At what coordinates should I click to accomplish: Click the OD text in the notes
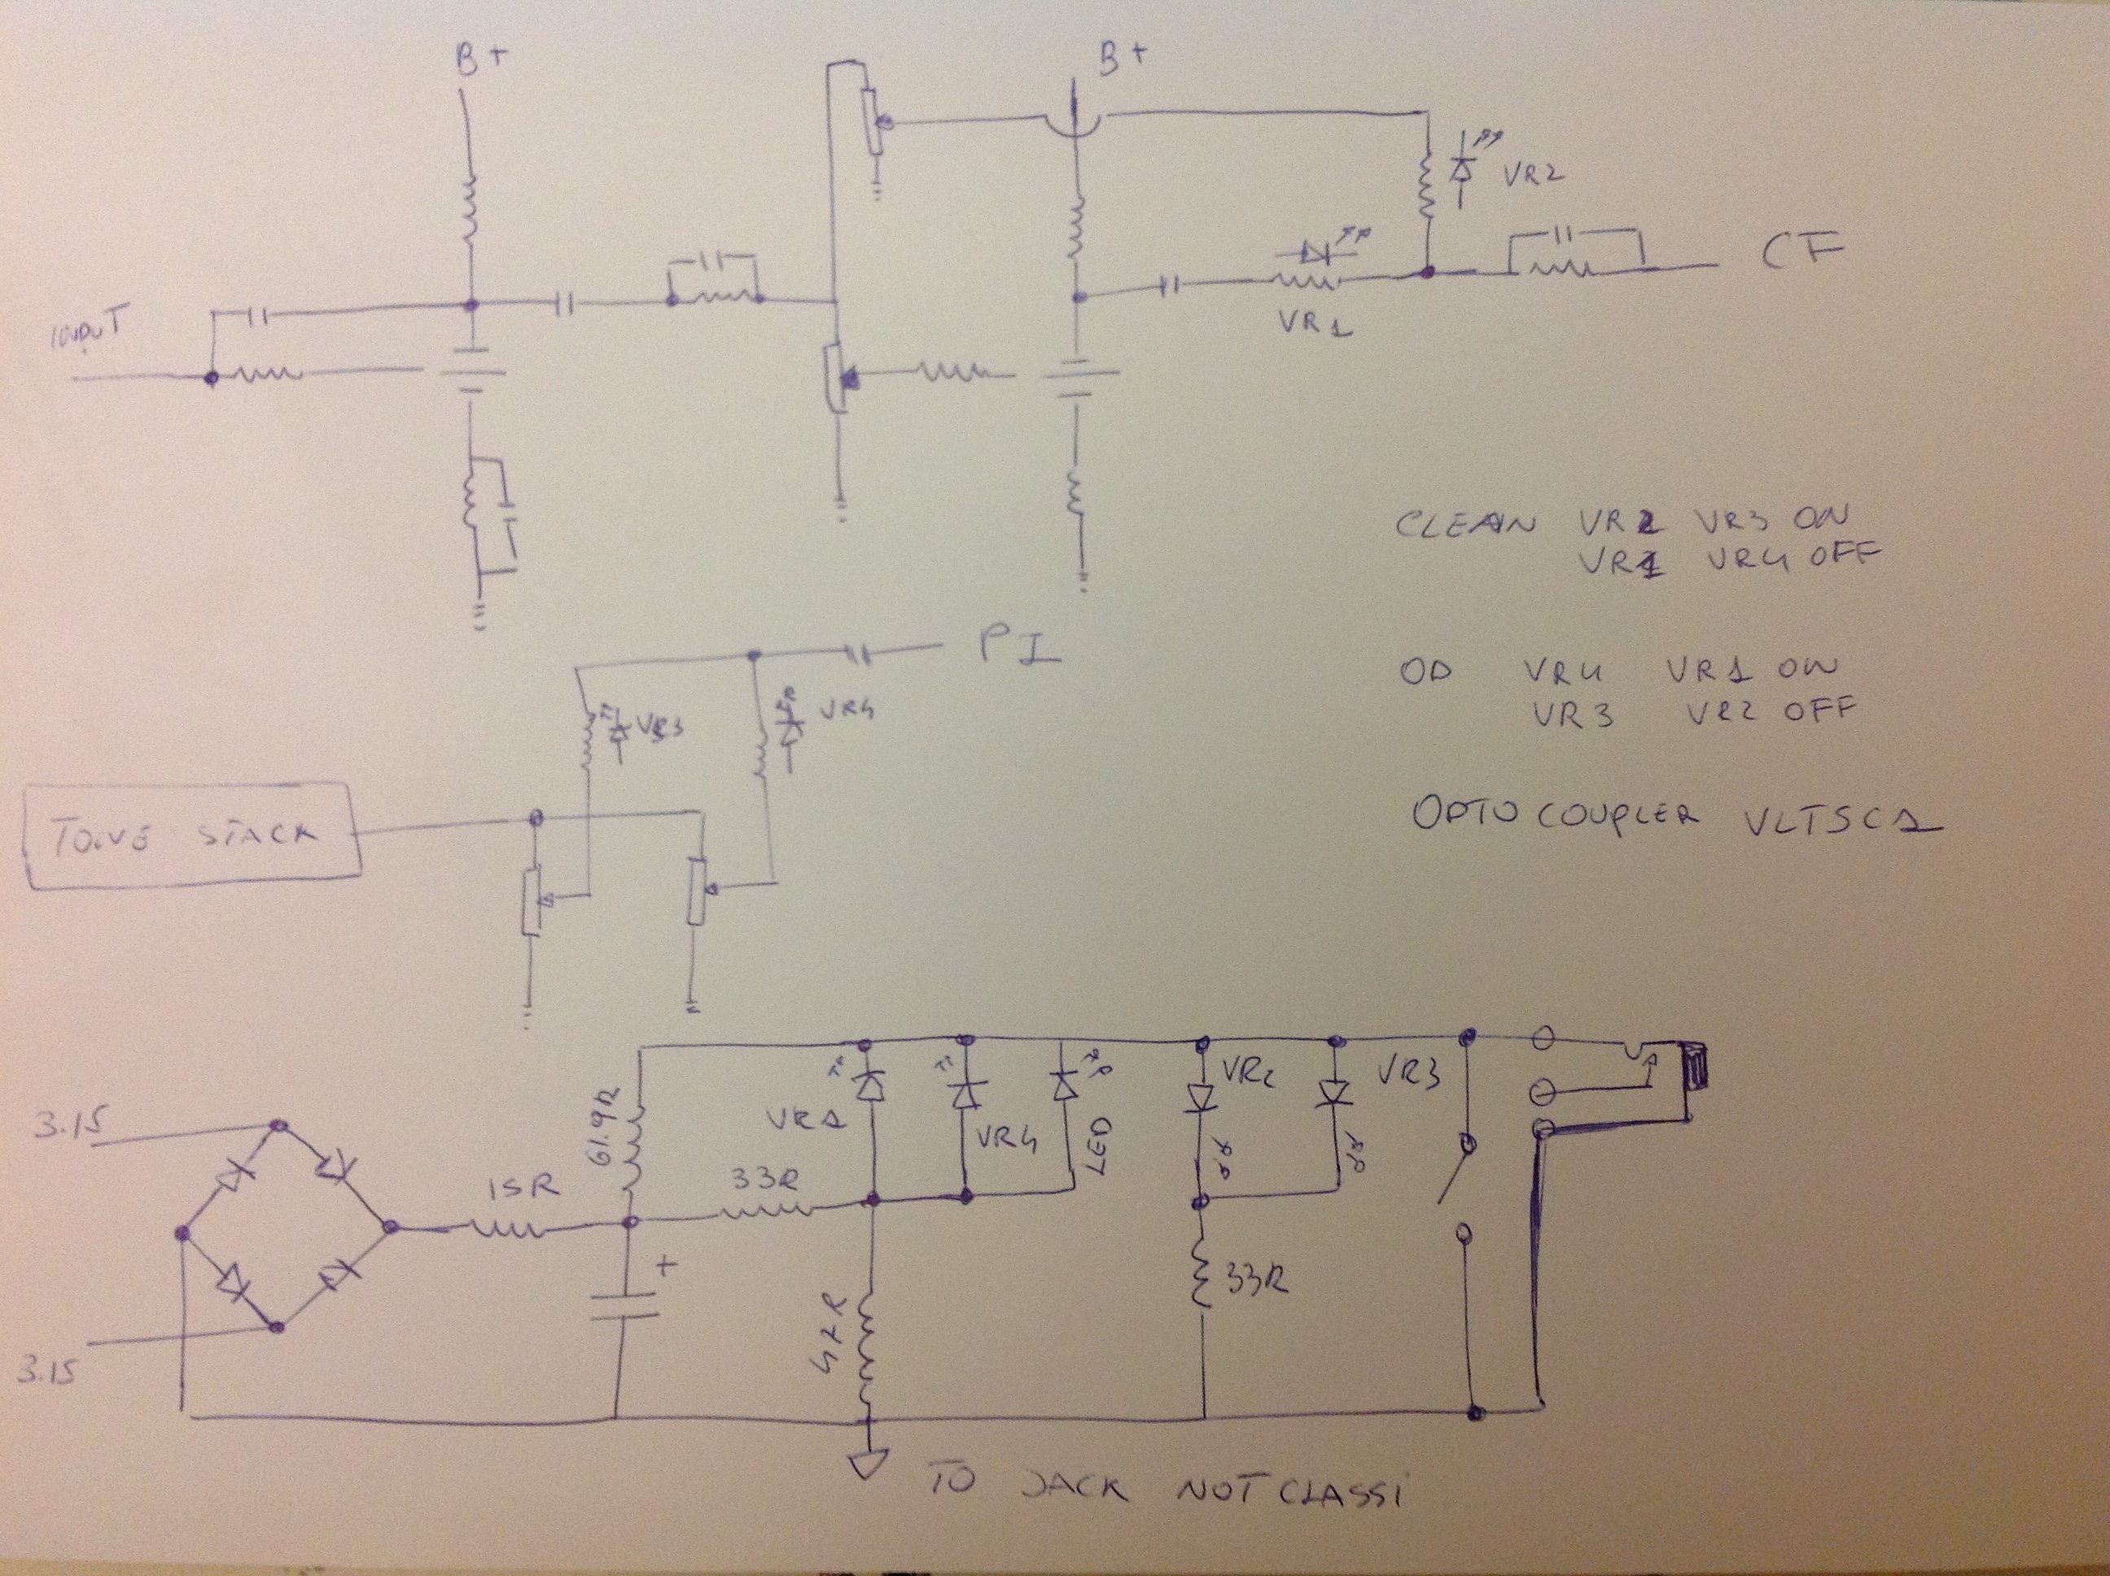point(1427,672)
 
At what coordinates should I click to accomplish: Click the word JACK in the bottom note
point(1074,1486)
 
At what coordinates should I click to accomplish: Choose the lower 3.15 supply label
point(46,1371)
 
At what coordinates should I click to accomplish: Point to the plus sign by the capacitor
point(666,1266)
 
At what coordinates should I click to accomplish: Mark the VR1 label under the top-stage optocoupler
point(1311,323)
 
